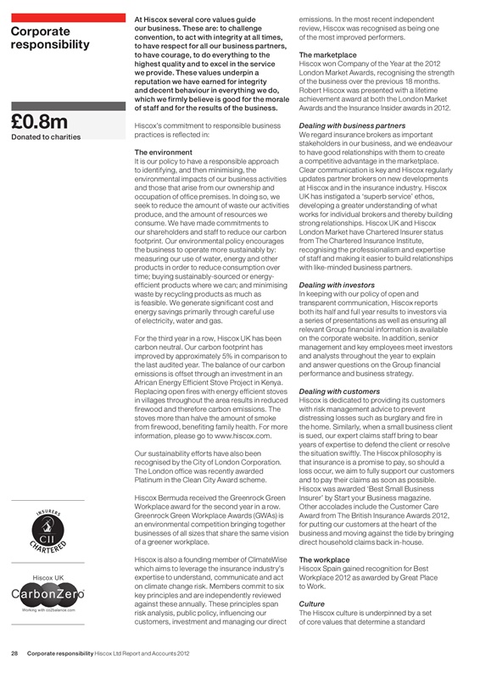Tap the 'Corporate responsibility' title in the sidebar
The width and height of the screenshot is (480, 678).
point(50,37)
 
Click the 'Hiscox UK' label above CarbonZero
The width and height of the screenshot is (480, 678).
point(48,576)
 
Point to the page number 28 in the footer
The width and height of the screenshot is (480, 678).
point(14,653)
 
